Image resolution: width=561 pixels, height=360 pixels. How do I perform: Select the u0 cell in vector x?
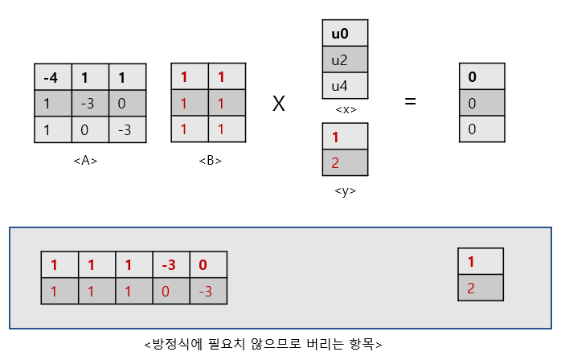(344, 35)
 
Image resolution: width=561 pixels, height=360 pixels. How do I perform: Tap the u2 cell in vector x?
(344, 60)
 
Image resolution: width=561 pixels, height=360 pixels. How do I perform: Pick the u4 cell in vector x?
(344, 85)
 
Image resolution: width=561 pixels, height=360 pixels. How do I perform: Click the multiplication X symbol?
(279, 103)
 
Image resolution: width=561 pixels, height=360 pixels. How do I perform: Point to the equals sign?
(411, 102)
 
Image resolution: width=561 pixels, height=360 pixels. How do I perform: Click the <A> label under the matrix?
(85, 161)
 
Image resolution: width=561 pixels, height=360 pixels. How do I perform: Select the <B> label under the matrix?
(211, 161)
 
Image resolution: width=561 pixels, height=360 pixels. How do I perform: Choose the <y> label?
(344, 190)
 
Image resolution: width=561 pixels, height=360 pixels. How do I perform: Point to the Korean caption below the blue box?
(263, 345)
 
